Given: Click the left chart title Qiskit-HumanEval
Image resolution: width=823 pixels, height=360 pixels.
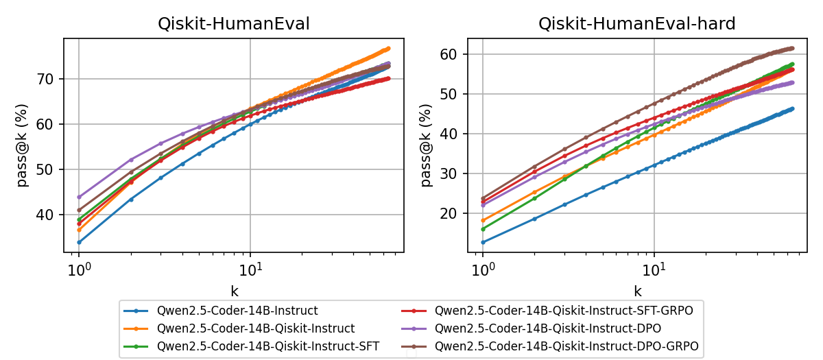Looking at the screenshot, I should click(x=233, y=25).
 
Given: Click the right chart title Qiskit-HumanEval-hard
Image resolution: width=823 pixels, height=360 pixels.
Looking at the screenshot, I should click(x=636, y=25).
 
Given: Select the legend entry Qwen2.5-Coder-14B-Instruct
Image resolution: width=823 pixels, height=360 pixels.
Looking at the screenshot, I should click(x=237, y=311).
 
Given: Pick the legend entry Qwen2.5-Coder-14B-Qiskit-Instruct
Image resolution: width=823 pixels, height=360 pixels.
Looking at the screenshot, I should click(x=256, y=328).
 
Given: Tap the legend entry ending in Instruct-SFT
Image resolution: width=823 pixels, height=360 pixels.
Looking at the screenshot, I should click(x=268, y=346).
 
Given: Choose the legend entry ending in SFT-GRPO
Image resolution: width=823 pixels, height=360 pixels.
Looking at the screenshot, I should click(x=564, y=311).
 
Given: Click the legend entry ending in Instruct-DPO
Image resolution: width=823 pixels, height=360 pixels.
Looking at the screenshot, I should click(x=549, y=328).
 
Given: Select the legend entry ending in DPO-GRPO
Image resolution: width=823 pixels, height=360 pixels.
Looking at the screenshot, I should click(x=566, y=346).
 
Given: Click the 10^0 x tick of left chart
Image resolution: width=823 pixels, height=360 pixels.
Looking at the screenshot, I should click(x=79, y=266).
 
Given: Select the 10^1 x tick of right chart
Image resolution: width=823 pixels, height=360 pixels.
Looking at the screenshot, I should click(x=654, y=266).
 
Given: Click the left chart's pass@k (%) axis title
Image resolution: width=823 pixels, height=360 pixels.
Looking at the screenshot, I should click(x=23, y=145).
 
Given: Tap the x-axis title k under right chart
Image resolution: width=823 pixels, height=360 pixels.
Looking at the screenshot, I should click(x=637, y=291).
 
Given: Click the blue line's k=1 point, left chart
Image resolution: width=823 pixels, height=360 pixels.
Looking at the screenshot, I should click(x=79, y=242).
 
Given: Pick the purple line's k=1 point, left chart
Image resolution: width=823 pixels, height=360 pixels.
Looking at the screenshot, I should click(x=79, y=197).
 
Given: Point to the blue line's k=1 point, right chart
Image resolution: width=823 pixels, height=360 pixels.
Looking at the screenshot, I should click(x=483, y=242).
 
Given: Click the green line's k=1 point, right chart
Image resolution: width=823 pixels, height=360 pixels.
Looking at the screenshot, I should click(x=483, y=229).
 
